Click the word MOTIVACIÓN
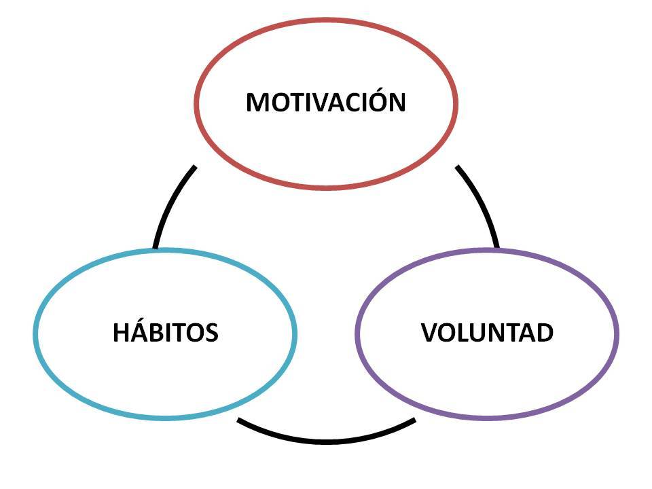click(x=326, y=103)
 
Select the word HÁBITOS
click(x=165, y=333)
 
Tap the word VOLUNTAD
click(x=487, y=333)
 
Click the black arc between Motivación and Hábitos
click(x=170, y=204)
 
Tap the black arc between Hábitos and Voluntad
click(x=326, y=439)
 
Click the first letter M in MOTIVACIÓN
click(x=257, y=103)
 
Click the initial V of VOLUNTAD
click(x=429, y=333)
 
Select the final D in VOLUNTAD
click(x=544, y=333)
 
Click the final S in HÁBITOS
click(x=211, y=333)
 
